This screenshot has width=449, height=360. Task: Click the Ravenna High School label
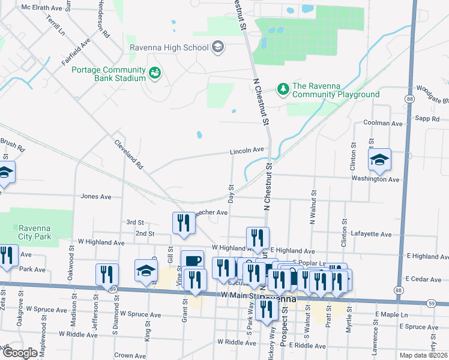tap(169, 47)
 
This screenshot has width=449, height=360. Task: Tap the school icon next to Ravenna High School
tap(217, 47)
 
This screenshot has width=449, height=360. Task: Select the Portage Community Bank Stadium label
tap(109, 74)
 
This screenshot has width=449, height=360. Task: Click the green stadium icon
tap(155, 73)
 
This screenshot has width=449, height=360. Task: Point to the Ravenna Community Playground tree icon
tap(283, 89)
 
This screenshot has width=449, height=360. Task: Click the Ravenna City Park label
tap(34, 232)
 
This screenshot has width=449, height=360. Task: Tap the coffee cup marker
tap(192, 261)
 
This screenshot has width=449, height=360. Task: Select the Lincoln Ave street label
tap(247, 151)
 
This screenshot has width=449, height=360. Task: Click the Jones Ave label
tap(96, 196)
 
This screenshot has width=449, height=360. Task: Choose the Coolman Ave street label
tap(381, 123)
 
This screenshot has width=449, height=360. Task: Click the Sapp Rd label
tap(427, 119)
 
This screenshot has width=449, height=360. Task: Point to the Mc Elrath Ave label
tap(41, 8)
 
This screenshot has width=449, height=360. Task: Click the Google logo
tap(20, 353)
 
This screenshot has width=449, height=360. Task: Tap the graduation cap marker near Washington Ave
tap(379, 160)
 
